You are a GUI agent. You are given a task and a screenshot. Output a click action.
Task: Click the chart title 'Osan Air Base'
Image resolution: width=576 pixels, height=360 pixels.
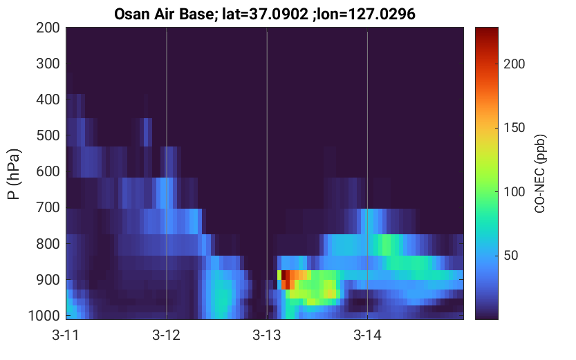click(x=164, y=15)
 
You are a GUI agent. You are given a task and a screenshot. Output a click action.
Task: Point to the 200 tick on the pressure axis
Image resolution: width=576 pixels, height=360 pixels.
click(x=48, y=28)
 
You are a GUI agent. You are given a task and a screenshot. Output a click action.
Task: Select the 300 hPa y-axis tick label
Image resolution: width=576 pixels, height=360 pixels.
click(x=48, y=64)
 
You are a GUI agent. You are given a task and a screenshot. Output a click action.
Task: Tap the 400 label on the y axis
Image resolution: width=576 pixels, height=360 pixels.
click(x=48, y=100)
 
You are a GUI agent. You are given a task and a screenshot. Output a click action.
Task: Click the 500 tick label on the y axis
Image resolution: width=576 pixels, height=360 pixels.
click(x=48, y=135)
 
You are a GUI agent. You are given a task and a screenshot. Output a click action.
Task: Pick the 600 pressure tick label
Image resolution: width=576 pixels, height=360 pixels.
click(x=48, y=171)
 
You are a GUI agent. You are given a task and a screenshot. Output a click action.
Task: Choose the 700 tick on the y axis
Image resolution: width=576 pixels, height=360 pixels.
click(x=48, y=207)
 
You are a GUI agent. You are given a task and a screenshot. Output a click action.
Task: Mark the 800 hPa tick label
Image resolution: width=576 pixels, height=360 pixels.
click(x=48, y=244)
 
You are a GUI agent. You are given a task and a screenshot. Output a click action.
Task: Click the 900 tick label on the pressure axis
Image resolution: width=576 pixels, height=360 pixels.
click(x=48, y=280)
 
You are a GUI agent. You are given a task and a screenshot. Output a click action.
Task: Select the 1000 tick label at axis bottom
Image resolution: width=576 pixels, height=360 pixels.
click(x=44, y=316)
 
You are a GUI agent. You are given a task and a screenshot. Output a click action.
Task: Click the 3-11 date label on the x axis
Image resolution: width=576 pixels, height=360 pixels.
click(x=66, y=335)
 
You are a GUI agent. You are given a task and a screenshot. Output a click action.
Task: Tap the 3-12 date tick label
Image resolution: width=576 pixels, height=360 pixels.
click(x=167, y=335)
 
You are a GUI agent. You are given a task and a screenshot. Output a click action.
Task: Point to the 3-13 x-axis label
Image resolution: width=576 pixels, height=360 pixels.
click(x=267, y=335)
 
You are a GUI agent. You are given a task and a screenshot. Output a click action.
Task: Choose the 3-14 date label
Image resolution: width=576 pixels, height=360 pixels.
click(x=367, y=335)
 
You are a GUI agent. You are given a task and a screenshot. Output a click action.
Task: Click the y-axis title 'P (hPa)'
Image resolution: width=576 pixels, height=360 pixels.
click(x=14, y=173)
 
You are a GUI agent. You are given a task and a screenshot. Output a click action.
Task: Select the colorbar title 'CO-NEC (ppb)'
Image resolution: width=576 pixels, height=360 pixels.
click(x=540, y=173)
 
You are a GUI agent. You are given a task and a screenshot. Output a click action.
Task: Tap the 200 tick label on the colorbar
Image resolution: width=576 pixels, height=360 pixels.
click(x=514, y=64)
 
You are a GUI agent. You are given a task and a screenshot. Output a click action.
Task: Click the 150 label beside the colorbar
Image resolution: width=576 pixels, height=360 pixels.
click(x=514, y=128)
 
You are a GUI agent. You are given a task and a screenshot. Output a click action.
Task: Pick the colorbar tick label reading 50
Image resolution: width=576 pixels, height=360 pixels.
click(x=511, y=256)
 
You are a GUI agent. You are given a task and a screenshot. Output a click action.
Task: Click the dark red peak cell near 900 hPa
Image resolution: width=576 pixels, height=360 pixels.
click(x=284, y=275)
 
